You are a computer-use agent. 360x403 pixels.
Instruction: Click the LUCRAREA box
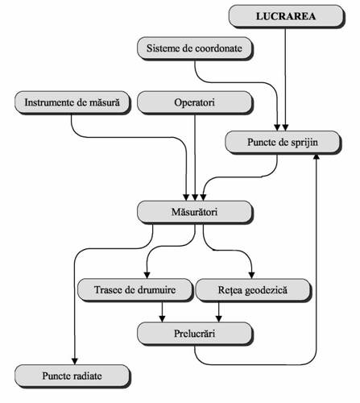(287, 16)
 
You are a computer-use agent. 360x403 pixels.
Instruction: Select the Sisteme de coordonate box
(195, 48)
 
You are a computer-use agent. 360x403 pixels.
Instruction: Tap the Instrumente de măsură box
(72, 103)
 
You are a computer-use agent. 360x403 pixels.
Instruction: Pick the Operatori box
(195, 103)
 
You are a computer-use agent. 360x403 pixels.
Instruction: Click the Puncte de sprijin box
(283, 143)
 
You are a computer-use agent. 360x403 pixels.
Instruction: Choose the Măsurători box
(195, 212)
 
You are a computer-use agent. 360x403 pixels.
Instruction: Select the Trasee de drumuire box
(135, 290)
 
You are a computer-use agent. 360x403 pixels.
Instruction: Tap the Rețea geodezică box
(253, 290)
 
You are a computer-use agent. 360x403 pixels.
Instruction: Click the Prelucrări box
(195, 334)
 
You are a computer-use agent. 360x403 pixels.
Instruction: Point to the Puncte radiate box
(72, 376)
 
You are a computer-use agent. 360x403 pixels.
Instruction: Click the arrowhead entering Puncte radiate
(75, 361)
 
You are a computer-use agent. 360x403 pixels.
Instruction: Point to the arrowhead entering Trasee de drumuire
(147, 276)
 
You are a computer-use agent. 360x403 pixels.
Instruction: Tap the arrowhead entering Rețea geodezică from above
(251, 276)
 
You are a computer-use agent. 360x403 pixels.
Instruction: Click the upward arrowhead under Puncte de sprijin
(317, 157)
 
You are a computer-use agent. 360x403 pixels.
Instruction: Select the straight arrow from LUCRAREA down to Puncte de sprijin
(285, 80)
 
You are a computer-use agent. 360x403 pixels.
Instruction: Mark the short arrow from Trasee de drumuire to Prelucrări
(162, 312)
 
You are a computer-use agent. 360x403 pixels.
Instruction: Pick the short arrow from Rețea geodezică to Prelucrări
(219, 312)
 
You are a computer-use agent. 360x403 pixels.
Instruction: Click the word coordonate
(218, 48)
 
